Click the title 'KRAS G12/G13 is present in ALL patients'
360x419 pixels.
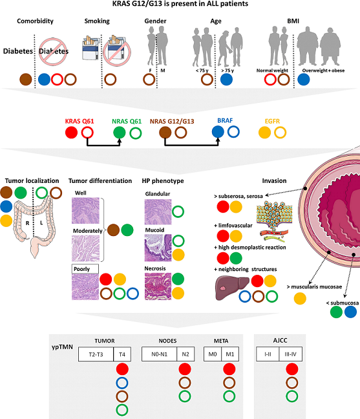coord(180,5)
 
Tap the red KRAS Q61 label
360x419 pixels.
coord(79,120)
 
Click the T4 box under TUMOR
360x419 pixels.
coord(122,354)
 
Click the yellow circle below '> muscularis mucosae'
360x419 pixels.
coord(300,298)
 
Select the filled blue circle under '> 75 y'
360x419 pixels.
coord(226,80)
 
